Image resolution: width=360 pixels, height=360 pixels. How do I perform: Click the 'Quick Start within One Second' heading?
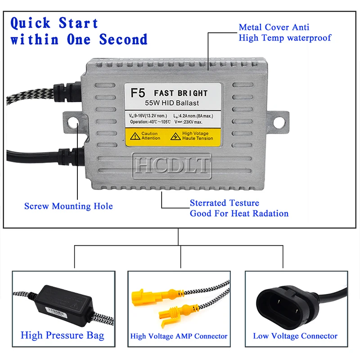tap(79, 31)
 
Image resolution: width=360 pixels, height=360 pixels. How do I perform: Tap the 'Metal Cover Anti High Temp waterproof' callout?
tap(284, 32)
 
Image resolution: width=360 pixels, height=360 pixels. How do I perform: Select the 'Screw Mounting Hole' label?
tap(68, 206)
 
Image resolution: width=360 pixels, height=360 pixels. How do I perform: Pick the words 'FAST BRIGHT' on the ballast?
tap(181, 93)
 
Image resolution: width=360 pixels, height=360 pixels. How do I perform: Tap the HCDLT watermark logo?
tap(171, 165)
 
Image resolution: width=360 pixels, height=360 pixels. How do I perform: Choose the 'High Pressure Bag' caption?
tap(63, 335)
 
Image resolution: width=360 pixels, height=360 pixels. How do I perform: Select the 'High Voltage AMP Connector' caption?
tap(179, 336)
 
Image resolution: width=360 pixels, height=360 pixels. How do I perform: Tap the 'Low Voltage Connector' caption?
tap(295, 336)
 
